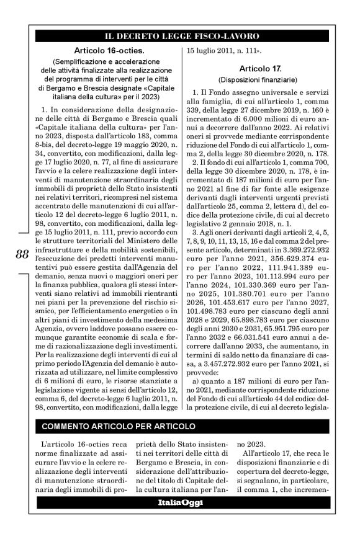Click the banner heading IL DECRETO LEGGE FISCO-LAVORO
(x=181, y=37)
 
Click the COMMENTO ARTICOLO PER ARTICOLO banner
(x=118, y=427)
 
